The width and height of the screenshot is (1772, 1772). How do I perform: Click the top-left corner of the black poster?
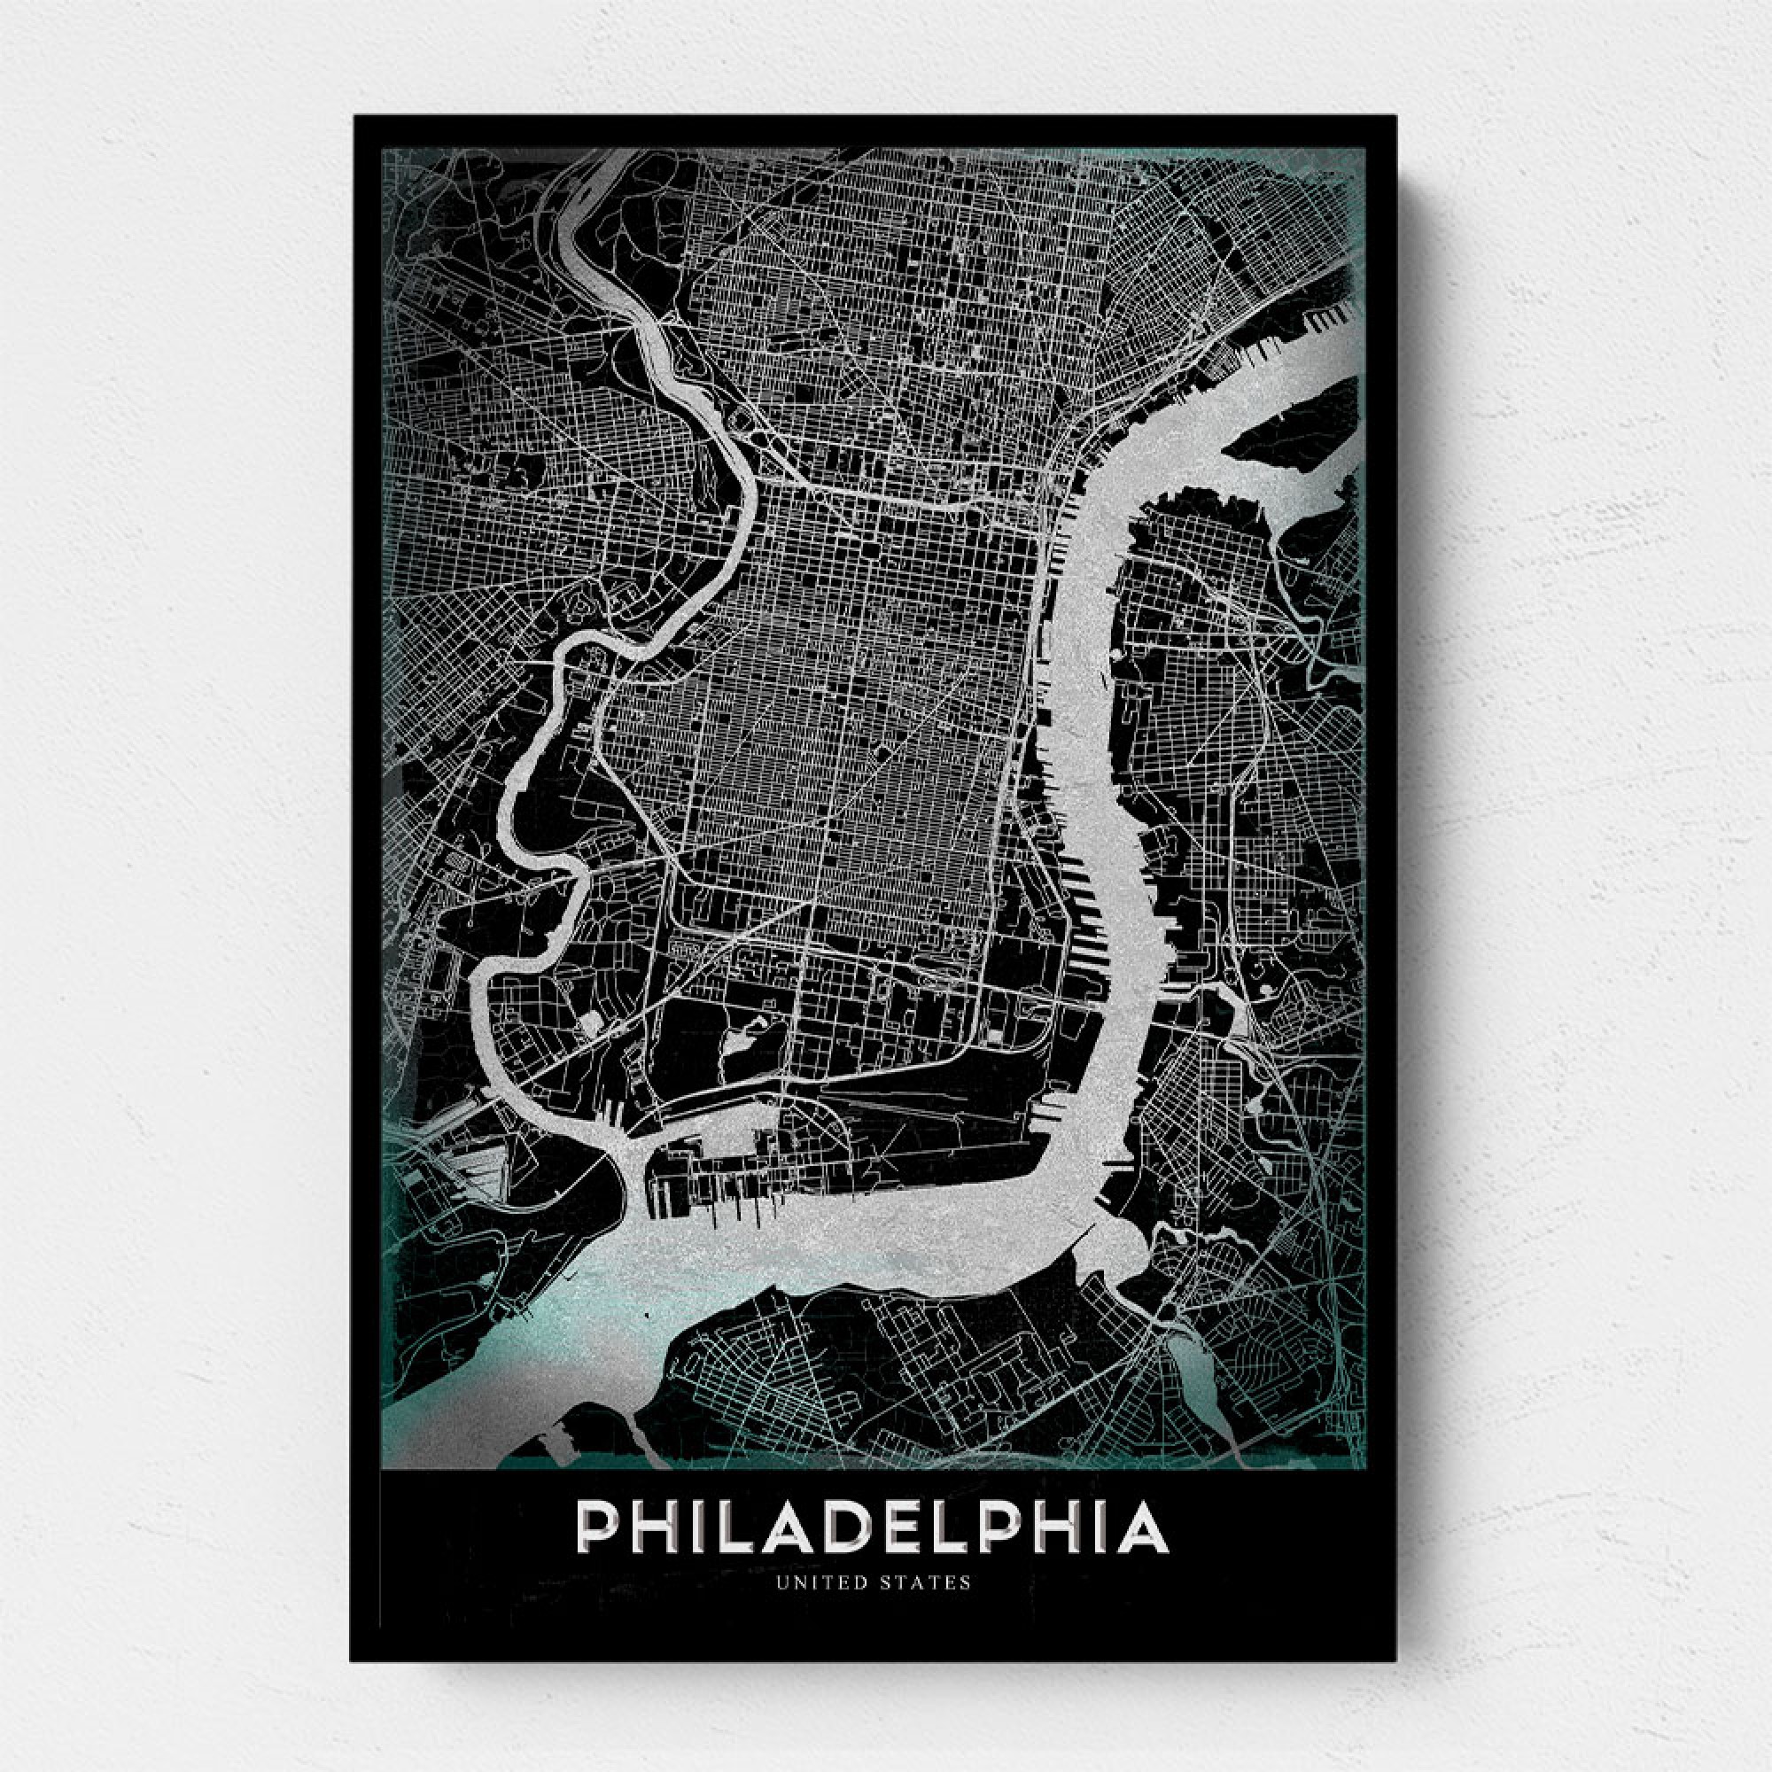[x=356, y=116]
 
